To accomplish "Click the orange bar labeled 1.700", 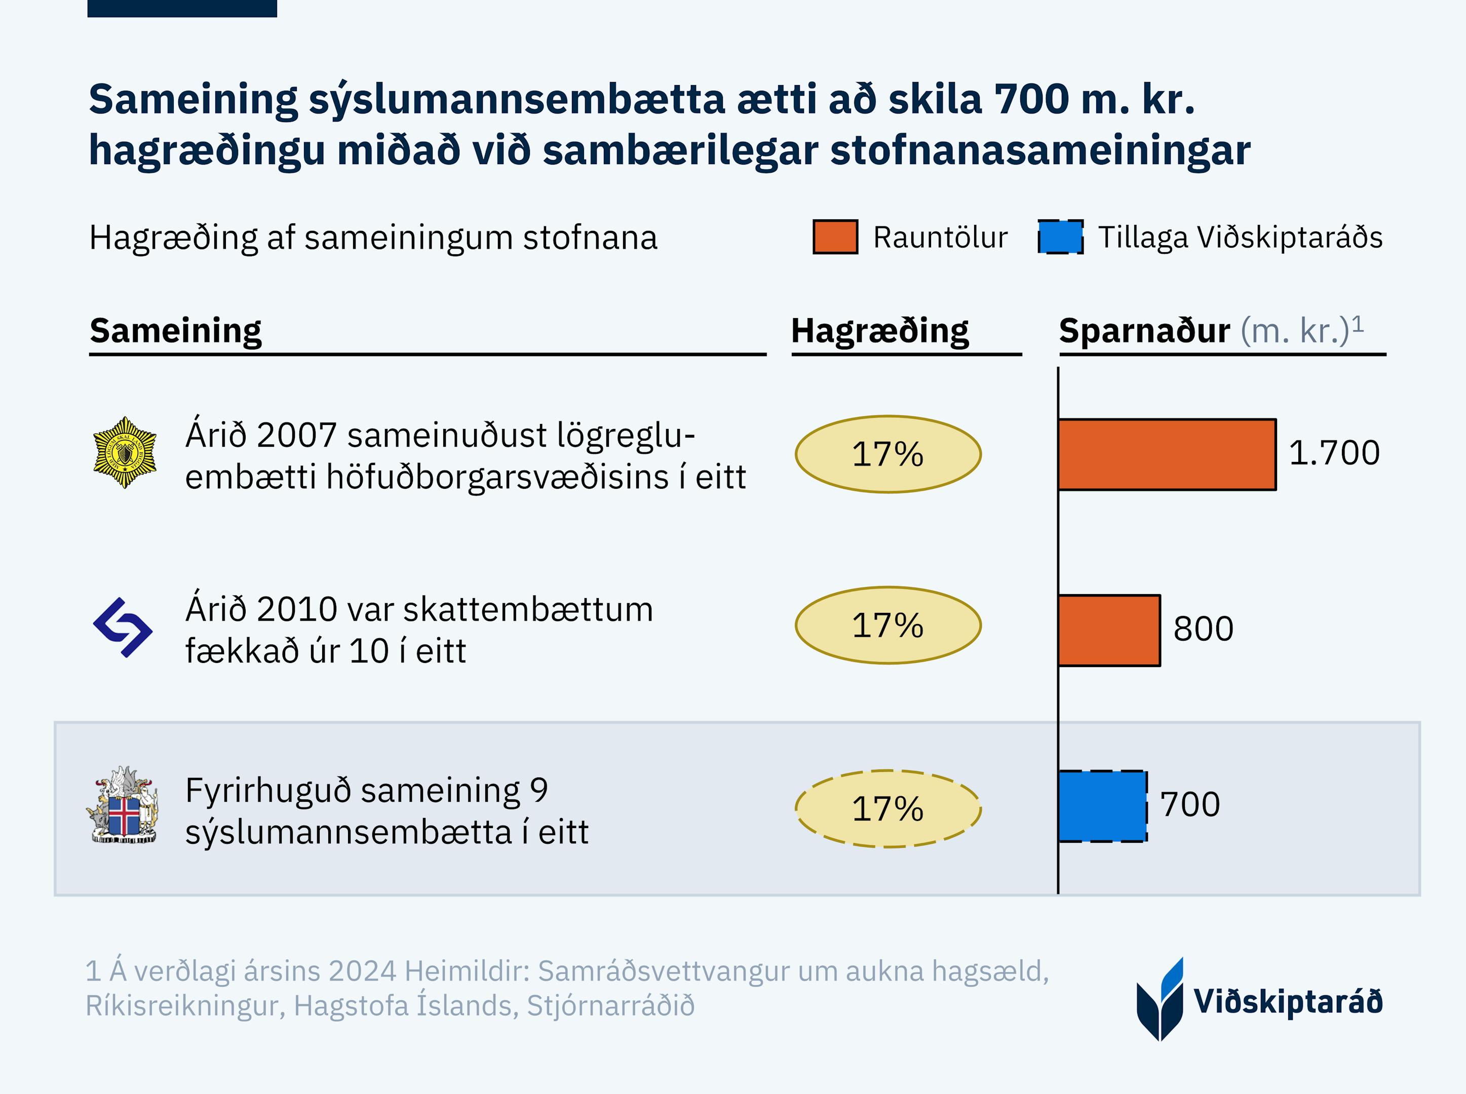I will coord(1167,454).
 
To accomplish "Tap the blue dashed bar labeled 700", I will coord(1102,806).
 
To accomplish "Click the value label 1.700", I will coord(1334,453).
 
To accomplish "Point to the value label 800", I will coord(1203,629).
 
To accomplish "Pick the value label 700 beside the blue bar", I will coord(1190,805).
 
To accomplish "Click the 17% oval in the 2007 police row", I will coord(888,454).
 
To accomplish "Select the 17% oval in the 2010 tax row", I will coord(888,625).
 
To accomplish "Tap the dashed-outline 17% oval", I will coord(888,808).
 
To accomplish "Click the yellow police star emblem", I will coord(125,453).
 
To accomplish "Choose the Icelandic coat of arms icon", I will coord(123,805).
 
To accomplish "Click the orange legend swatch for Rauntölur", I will coord(835,237).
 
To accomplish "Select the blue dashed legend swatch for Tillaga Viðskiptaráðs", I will coord(1060,237).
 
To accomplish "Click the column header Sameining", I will coord(175,330).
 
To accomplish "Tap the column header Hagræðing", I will coord(879,330).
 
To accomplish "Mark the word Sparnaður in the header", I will coord(1144,330).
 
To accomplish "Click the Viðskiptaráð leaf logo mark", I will coord(1160,1000).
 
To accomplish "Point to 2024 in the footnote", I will coord(362,971).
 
